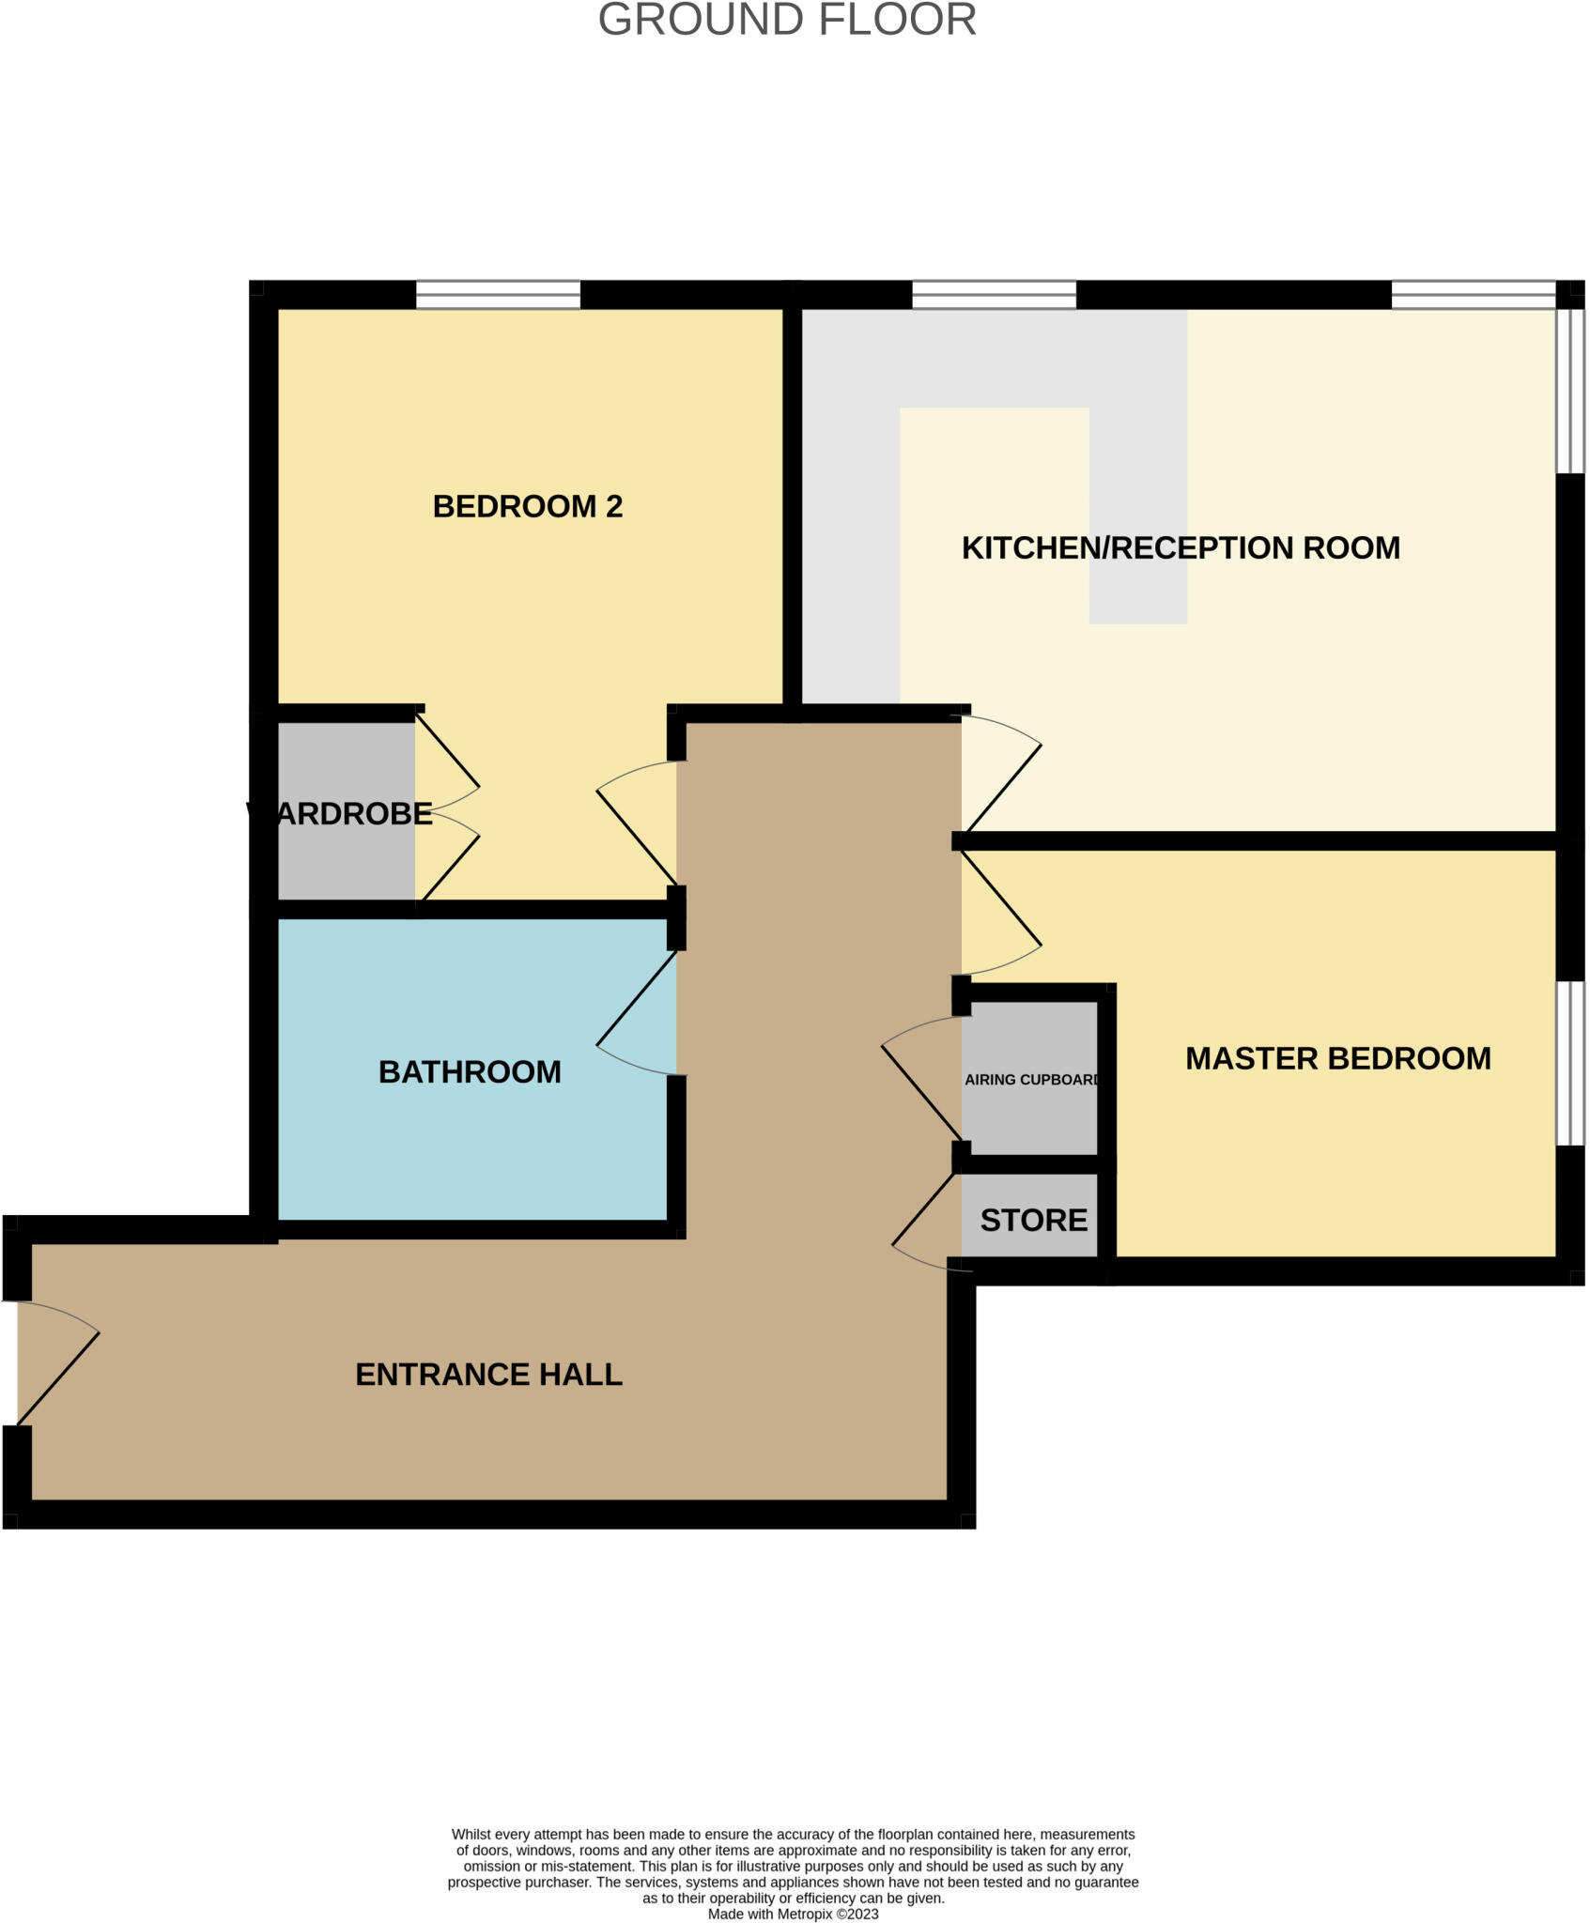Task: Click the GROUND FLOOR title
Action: point(787,21)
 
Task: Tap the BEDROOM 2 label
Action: point(527,507)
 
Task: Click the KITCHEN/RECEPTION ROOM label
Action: point(1181,548)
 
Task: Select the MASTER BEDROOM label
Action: point(1337,1059)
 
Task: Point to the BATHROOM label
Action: point(470,1072)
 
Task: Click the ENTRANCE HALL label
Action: point(488,1375)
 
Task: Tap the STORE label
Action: point(1033,1221)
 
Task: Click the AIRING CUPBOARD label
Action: point(1031,1080)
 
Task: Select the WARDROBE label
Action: point(340,814)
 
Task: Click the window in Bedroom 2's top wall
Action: point(498,295)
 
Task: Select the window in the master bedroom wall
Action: point(1569,1063)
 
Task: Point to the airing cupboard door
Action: point(920,1089)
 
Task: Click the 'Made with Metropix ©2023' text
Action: point(793,1914)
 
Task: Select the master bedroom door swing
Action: point(1001,906)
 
